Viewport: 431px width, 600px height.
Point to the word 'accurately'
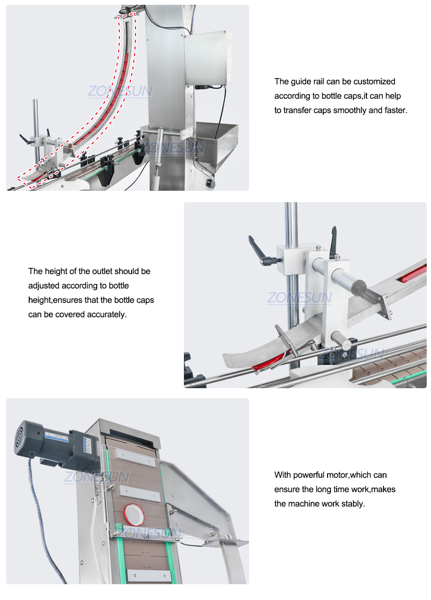coord(106,314)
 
